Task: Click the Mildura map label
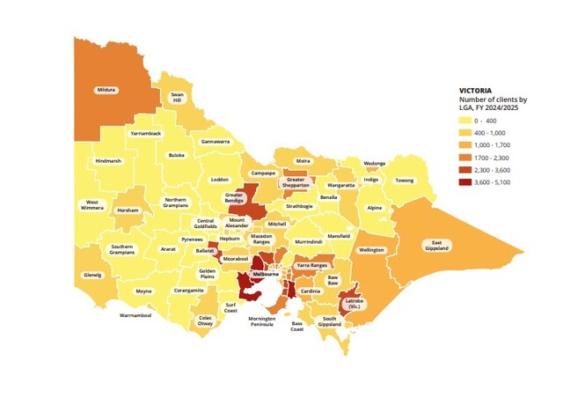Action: tap(107, 89)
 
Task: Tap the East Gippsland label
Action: tap(437, 246)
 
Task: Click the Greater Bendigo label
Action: tap(233, 198)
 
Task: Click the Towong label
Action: tap(404, 181)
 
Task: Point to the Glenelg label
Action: tap(92, 274)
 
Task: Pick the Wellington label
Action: tap(372, 250)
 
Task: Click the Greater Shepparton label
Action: tap(296, 183)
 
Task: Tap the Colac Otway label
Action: tap(205, 321)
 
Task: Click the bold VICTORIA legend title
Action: tap(478, 90)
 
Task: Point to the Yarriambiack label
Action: tap(145, 133)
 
